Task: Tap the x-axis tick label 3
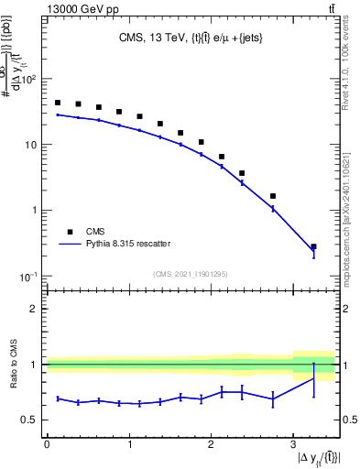point(292,442)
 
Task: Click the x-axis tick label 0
point(47,442)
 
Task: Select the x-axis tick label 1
point(128,442)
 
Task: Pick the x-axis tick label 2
point(211,442)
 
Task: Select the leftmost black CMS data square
point(58,103)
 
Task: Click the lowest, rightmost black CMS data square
point(313,246)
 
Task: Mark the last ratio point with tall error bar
point(313,378)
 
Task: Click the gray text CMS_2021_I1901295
point(190,274)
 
